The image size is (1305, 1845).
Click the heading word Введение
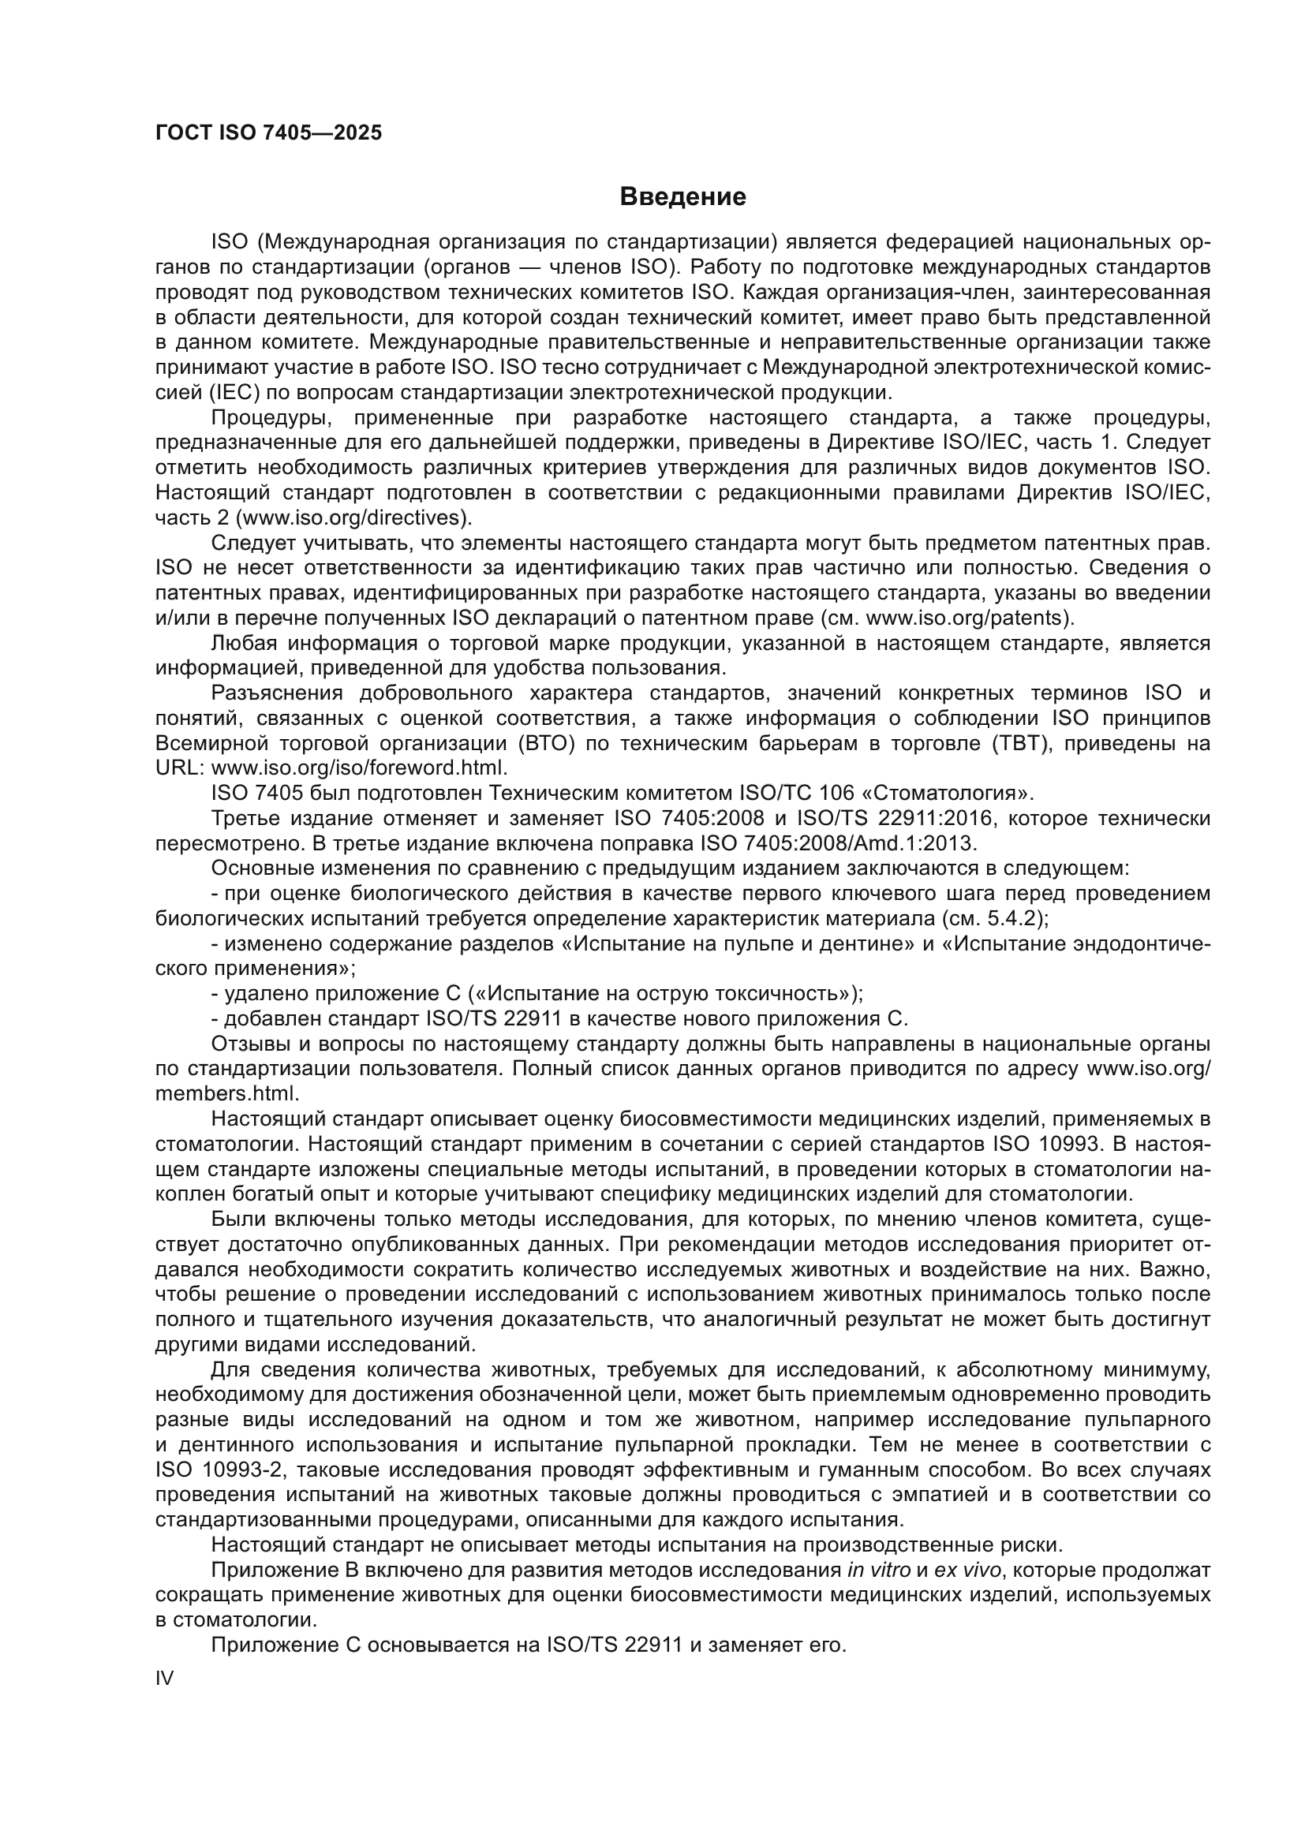pyautogui.click(x=682, y=197)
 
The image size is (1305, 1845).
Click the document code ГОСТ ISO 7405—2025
pyautogui.click(x=268, y=133)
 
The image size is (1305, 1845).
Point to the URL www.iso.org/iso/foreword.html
pyautogui.click(x=358, y=768)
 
